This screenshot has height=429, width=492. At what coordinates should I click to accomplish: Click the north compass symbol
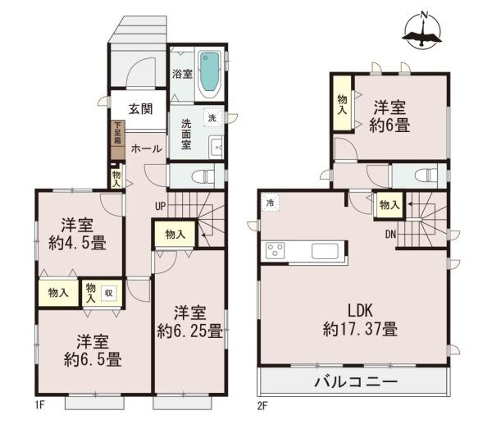click(x=424, y=30)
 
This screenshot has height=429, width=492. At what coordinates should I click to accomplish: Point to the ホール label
click(x=146, y=148)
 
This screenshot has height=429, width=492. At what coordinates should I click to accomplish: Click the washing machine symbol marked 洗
click(x=212, y=117)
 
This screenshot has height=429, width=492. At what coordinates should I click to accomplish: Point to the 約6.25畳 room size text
click(x=190, y=331)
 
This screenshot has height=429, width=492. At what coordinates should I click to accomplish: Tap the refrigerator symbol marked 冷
click(x=269, y=203)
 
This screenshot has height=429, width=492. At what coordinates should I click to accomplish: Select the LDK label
click(x=360, y=313)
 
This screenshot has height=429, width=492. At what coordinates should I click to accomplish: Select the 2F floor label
click(x=260, y=405)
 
